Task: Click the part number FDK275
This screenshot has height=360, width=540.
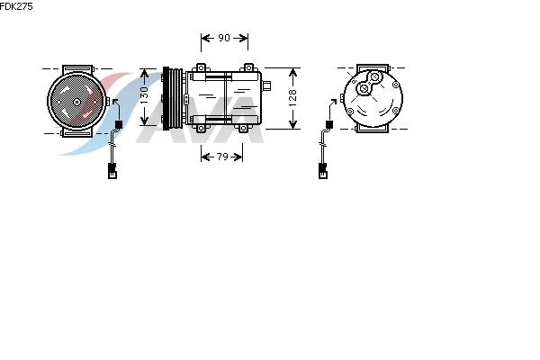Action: pos(16,6)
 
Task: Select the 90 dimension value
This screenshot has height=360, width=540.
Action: pos(224,38)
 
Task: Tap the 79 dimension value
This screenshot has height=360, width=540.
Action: pos(222,157)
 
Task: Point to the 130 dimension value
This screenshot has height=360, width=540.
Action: pos(144,96)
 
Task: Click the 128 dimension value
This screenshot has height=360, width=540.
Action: pos(292,98)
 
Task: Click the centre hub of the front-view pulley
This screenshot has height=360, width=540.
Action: pos(76,102)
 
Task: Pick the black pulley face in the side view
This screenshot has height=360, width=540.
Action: pos(166,98)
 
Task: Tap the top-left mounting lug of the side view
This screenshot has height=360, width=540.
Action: pos(201,67)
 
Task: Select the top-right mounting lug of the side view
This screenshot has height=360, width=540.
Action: pos(248,67)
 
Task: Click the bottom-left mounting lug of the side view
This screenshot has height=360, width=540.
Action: pos(201,128)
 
